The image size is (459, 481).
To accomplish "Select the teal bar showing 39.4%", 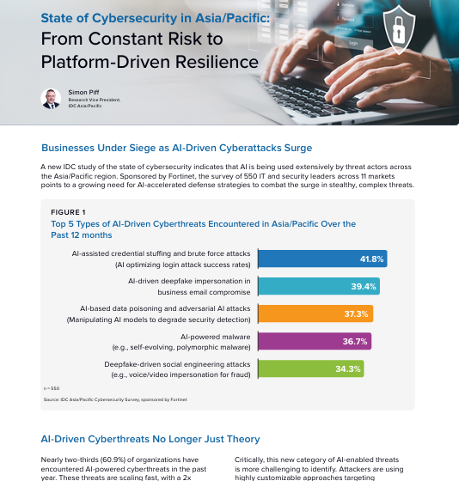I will pos(318,286).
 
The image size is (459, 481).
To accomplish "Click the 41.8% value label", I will pos(370,259).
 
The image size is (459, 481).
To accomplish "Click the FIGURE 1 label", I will pos(69,211).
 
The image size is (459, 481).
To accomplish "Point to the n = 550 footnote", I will pos(51,389).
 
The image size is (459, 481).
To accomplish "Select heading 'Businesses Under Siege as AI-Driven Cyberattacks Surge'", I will pos(176,147).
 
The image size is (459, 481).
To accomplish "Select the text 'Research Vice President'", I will pos(95,99).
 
